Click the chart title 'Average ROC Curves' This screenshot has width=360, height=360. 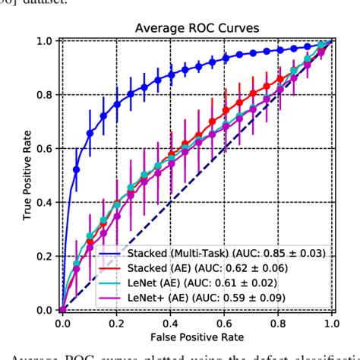pyautogui.click(x=197, y=28)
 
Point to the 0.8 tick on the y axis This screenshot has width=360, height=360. pyautogui.click(x=45, y=95)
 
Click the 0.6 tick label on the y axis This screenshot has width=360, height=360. pyautogui.click(x=45, y=149)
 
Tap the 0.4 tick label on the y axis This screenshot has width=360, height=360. pyautogui.click(x=45, y=203)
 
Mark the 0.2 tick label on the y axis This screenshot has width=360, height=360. pyautogui.click(x=45, y=257)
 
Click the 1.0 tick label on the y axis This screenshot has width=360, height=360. pyautogui.click(x=45, y=41)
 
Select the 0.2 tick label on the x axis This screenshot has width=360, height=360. pyautogui.click(x=116, y=323)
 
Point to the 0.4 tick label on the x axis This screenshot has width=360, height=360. pyautogui.click(x=170, y=323)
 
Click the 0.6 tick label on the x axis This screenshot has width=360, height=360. pyautogui.click(x=224, y=323)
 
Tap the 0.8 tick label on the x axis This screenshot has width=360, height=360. pyautogui.click(x=278, y=323)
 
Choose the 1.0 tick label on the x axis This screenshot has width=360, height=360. pyautogui.click(x=331, y=323)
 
